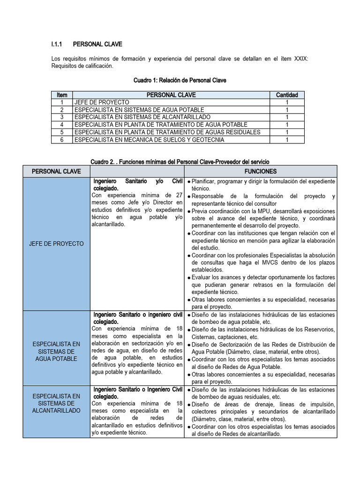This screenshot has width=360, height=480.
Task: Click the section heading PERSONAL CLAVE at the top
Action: point(97,44)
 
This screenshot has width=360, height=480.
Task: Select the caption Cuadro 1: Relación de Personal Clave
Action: point(180,80)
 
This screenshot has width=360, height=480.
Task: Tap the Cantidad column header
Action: point(286,95)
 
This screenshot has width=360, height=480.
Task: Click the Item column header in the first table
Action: point(61,95)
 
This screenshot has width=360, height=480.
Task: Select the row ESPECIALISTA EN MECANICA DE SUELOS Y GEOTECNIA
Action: point(149,140)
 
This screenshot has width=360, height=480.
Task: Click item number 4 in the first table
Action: point(61,125)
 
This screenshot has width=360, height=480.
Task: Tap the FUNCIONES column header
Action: point(260,171)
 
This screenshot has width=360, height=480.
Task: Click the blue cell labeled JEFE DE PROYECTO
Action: point(56,244)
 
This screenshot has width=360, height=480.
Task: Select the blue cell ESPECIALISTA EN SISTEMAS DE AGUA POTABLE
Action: point(56,351)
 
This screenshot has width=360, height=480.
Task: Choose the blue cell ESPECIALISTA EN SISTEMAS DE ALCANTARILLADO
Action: point(56,403)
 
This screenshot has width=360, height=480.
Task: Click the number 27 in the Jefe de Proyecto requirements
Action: point(178,195)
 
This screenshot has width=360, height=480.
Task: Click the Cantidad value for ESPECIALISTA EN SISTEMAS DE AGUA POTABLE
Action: point(286,110)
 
